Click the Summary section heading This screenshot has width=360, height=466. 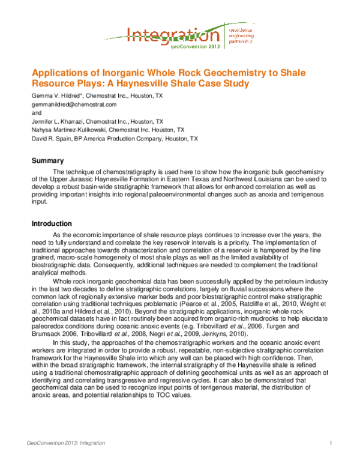coord(47,160)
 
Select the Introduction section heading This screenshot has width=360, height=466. coord(53,223)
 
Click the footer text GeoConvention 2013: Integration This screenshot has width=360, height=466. coord(66,443)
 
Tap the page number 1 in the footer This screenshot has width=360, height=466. coord(331,443)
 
